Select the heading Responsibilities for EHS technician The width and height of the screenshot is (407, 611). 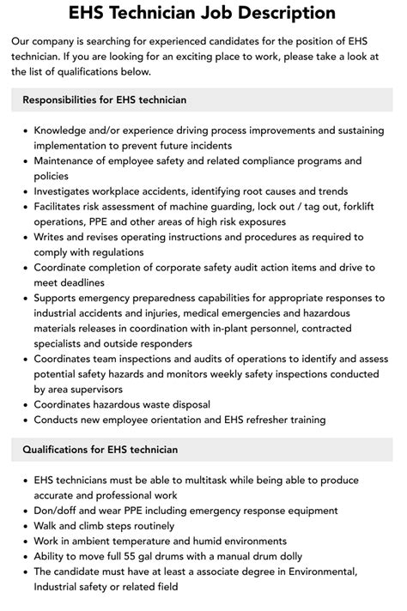coord(104,100)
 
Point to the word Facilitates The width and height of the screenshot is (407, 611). coord(63,206)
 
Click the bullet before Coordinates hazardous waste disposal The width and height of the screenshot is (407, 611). coord(24,405)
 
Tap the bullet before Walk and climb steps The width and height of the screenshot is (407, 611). coord(24,526)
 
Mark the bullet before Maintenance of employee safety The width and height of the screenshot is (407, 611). coord(24,160)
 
